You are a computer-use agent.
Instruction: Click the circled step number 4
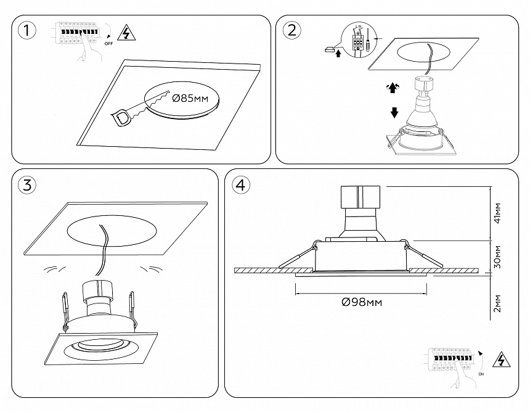[241, 184]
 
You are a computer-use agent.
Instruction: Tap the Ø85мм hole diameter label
[191, 98]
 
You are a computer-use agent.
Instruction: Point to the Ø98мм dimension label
[362, 302]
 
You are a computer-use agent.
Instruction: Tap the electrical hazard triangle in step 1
[126, 32]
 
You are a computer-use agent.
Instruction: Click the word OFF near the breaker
[108, 44]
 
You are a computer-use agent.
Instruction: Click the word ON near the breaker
[481, 374]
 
